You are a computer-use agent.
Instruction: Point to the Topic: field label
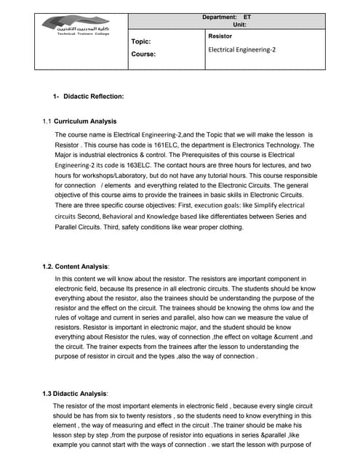[140, 42]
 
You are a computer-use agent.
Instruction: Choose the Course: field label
[143, 54]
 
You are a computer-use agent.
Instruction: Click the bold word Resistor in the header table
[220, 35]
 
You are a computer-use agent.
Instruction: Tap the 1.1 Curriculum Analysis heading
[84, 121]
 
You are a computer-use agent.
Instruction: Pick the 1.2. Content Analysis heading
[76, 267]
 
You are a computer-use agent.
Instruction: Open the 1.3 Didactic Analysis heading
[76, 393]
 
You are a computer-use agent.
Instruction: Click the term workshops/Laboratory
[117, 176]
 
